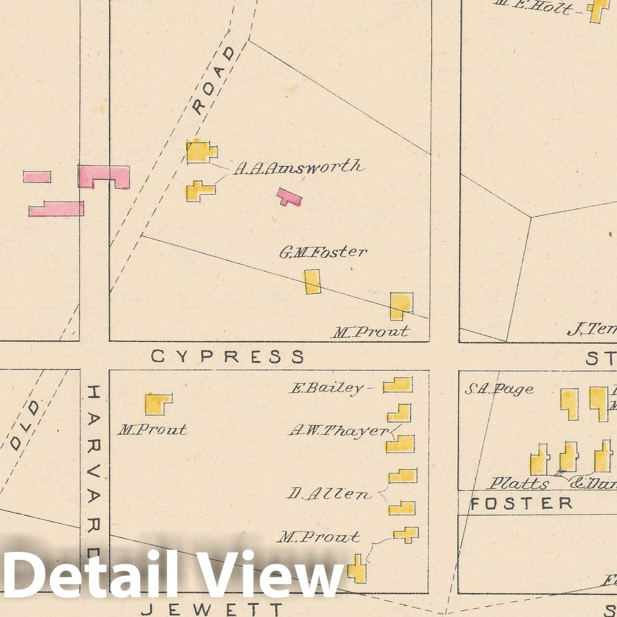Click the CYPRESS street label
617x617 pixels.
227,357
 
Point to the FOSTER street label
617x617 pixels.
522,504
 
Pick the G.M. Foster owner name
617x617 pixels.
323,252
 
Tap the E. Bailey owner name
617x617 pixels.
327,388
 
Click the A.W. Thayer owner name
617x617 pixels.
339,431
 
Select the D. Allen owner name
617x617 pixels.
328,494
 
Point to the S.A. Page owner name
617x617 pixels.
499,389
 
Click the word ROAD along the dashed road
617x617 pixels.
213,81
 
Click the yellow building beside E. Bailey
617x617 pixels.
398,385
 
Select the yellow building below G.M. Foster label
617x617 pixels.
312,282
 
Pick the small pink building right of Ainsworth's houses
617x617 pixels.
289,197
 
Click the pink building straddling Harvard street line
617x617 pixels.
104,176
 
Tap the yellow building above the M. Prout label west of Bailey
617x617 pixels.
158,403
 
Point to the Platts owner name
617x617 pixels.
519,484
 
